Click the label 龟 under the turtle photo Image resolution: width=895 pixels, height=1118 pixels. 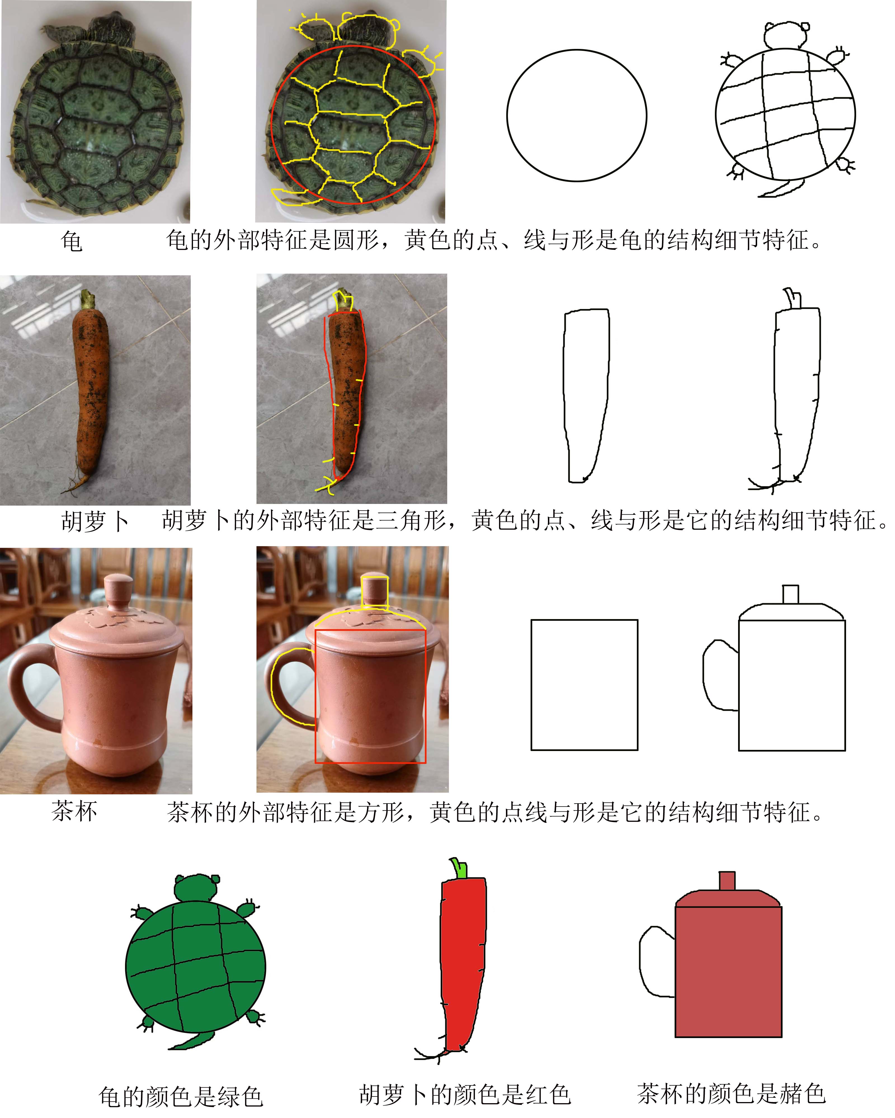(x=72, y=241)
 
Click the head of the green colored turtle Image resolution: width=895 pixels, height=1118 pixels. (x=196, y=888)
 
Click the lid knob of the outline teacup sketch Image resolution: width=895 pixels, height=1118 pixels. (x=790, y=594)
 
